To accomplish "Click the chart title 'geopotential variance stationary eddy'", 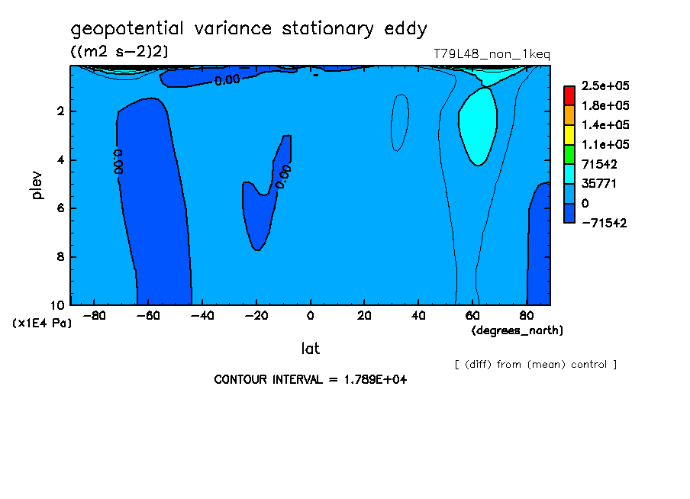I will pyautogui.click(x=249, y=30).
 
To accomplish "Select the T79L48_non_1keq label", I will pyautogui.click(x=492, y=54).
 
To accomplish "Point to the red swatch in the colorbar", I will pyautogui.click(x=569, y=95).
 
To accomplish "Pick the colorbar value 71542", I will pyautogui.click(x=599, y=164).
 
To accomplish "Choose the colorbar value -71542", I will pyautogui.click(x=603, y=223).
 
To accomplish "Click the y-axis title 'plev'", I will pyautogui.click(x=37, y=185).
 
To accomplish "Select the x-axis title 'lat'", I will pyautogui.click(x=310, y=349).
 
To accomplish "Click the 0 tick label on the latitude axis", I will pyautogui.click(x=311, y=316).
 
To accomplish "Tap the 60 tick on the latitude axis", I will pyautogui.click(x=472, y=316).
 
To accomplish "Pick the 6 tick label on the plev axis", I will pyautogui.click(x=61, y=208).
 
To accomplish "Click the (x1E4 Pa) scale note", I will pyautogui.click(x=43, y=324).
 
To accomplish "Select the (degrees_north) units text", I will pyautogui.click(x=517, y=330).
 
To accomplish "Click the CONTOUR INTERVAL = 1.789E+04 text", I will pyautogui.click(x=310, y=380).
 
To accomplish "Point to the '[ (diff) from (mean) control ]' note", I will pyautogui.click(x=535, y=365).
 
